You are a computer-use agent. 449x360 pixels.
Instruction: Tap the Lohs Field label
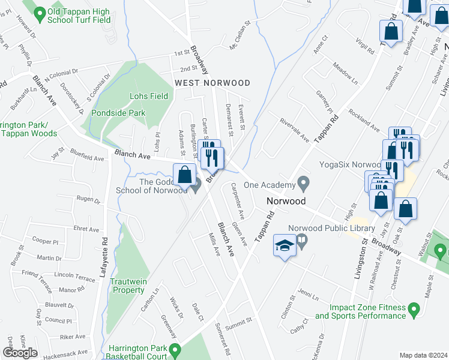point(149,96)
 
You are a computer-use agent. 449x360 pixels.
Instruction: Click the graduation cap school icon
point(284,245)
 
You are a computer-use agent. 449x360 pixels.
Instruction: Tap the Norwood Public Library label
point(331,228)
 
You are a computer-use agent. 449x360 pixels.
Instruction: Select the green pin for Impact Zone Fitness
point(413,310)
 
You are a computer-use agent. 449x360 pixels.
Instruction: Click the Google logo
point(20,353)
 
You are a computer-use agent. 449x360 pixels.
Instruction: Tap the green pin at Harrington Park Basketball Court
point(175,349)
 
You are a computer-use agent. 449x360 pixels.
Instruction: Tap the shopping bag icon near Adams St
point(185,175)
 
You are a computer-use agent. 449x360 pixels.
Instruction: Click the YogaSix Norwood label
point(350,164)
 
